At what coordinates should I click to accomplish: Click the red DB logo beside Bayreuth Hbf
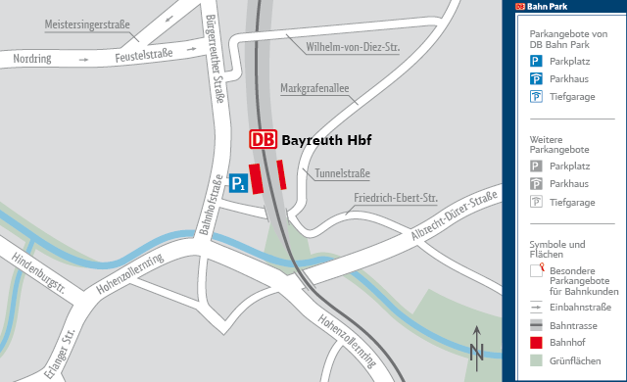264,139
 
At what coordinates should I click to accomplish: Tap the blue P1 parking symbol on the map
237,182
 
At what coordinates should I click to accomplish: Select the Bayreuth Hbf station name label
326,140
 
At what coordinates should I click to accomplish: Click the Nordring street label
33,60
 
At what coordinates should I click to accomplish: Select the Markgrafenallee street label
314,89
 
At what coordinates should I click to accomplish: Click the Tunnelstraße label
342,173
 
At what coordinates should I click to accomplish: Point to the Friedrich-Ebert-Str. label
395,198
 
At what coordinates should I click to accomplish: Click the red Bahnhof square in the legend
536,343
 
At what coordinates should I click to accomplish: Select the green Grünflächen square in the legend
536,361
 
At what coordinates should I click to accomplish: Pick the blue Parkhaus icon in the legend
536,77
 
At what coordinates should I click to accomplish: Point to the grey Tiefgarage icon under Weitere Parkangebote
536,202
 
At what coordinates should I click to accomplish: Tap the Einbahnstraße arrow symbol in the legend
536,306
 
